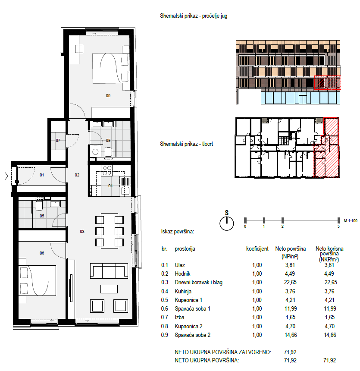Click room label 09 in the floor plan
pos(108,96)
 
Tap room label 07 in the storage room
pos(58,141)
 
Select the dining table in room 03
pos(110,231)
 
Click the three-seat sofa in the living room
pos(109,271)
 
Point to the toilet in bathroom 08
pos(108,152)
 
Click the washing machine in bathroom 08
pos(95,151)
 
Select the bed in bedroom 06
pos(38,280)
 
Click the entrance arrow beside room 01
pos(6,176)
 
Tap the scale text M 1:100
pos(351,221)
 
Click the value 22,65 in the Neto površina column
pos(290,282)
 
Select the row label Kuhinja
pos(183,291)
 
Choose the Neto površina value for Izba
pos(290,317)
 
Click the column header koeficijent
pos(257,248)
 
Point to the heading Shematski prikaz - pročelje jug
pos(194,16)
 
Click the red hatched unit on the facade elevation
pos(328,83)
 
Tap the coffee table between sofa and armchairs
pos(109,289)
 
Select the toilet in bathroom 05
pos(39,205)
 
